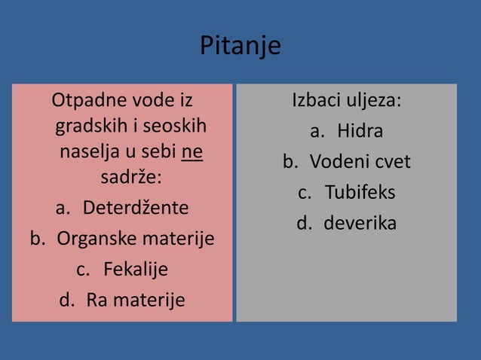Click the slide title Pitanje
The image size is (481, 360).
point(240,46)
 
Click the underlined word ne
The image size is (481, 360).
point(192,151)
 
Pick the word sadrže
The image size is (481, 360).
point(130,178)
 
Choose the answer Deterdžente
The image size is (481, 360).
point(136,207)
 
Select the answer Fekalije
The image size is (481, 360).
point(136,269)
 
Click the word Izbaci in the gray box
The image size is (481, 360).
point(316,100)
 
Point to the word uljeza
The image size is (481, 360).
point(372,100)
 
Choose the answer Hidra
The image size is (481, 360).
point(360,131)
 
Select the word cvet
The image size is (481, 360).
point(391,162)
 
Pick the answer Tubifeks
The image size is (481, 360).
point(360,192)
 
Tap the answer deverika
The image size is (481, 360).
point(360,223)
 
